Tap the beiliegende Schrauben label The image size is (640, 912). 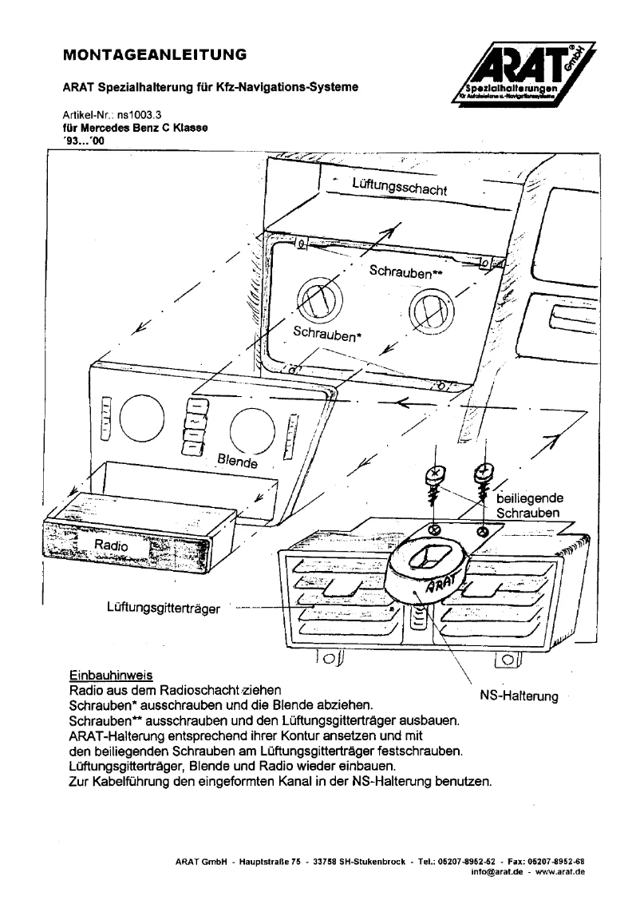click(529, 505)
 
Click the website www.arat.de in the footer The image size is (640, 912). click(560, 872)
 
